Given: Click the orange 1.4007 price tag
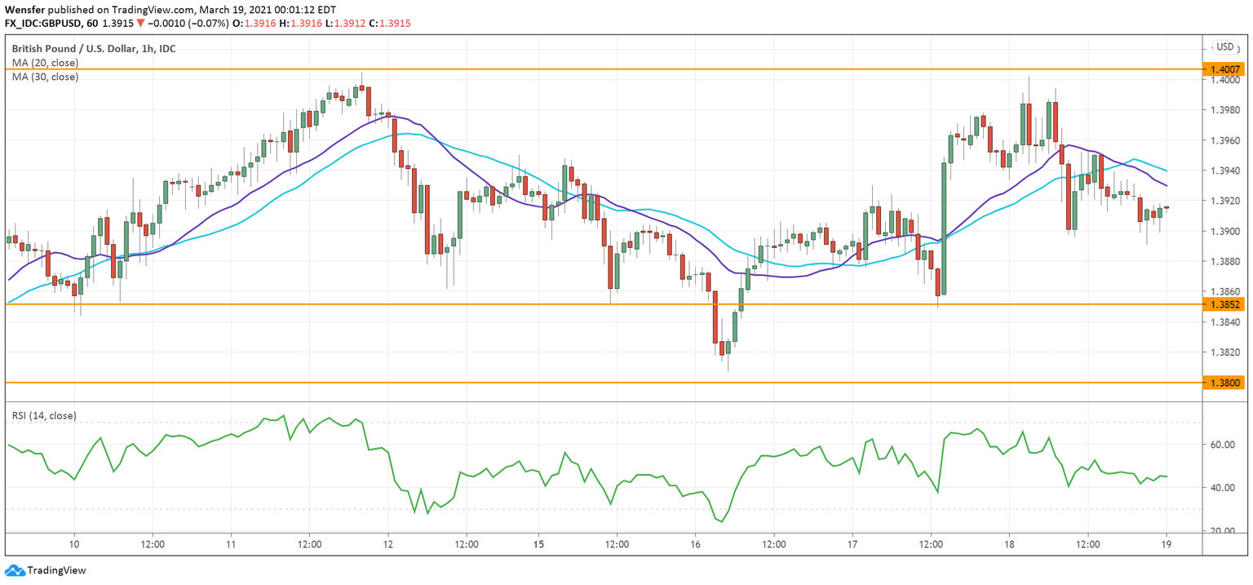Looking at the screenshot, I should coord(1224,69).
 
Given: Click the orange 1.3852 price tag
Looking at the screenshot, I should coord(1224,304).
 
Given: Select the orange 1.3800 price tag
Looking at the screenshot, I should coord(1224,382).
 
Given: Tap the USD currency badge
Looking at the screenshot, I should coord(1224,47).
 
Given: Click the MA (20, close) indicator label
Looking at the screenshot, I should coord(45,63).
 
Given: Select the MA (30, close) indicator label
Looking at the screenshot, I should coord(45,77).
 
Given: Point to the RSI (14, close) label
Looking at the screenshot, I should coord(44,416).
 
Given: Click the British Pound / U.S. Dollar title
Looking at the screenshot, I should coord(94,49).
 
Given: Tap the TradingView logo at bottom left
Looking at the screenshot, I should coord(46,570).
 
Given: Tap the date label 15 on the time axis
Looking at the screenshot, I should coord(538,543).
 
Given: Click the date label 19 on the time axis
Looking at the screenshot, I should coord(1167,543).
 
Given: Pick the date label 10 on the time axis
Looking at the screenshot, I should coord(74,543).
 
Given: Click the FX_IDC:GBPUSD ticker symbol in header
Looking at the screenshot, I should coord(48,24).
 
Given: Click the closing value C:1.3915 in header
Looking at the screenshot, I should coord(389,24).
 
